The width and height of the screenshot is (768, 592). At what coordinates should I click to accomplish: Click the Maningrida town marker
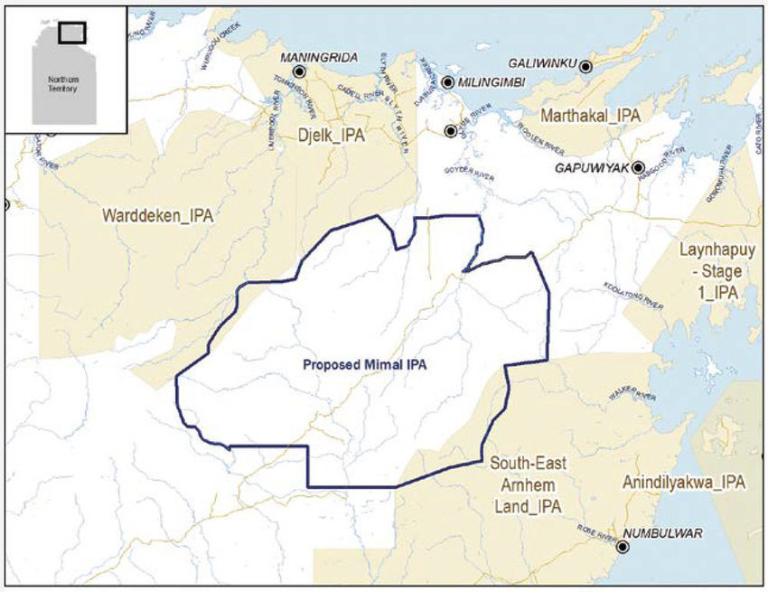[x=299, y=70]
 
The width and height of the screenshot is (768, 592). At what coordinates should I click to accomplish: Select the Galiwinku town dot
[x=585, y=66]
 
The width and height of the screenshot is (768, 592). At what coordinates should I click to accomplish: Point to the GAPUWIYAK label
[x=593, y=168]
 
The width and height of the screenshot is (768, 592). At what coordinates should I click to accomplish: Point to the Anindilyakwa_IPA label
[x=683, y=483]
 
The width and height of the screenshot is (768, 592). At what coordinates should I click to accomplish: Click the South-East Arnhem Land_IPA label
[x=529, y=485]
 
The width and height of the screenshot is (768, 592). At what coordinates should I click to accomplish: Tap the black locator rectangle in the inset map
[x=71, y=32]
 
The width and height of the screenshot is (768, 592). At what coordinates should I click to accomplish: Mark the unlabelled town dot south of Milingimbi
[x=450, y=131]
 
